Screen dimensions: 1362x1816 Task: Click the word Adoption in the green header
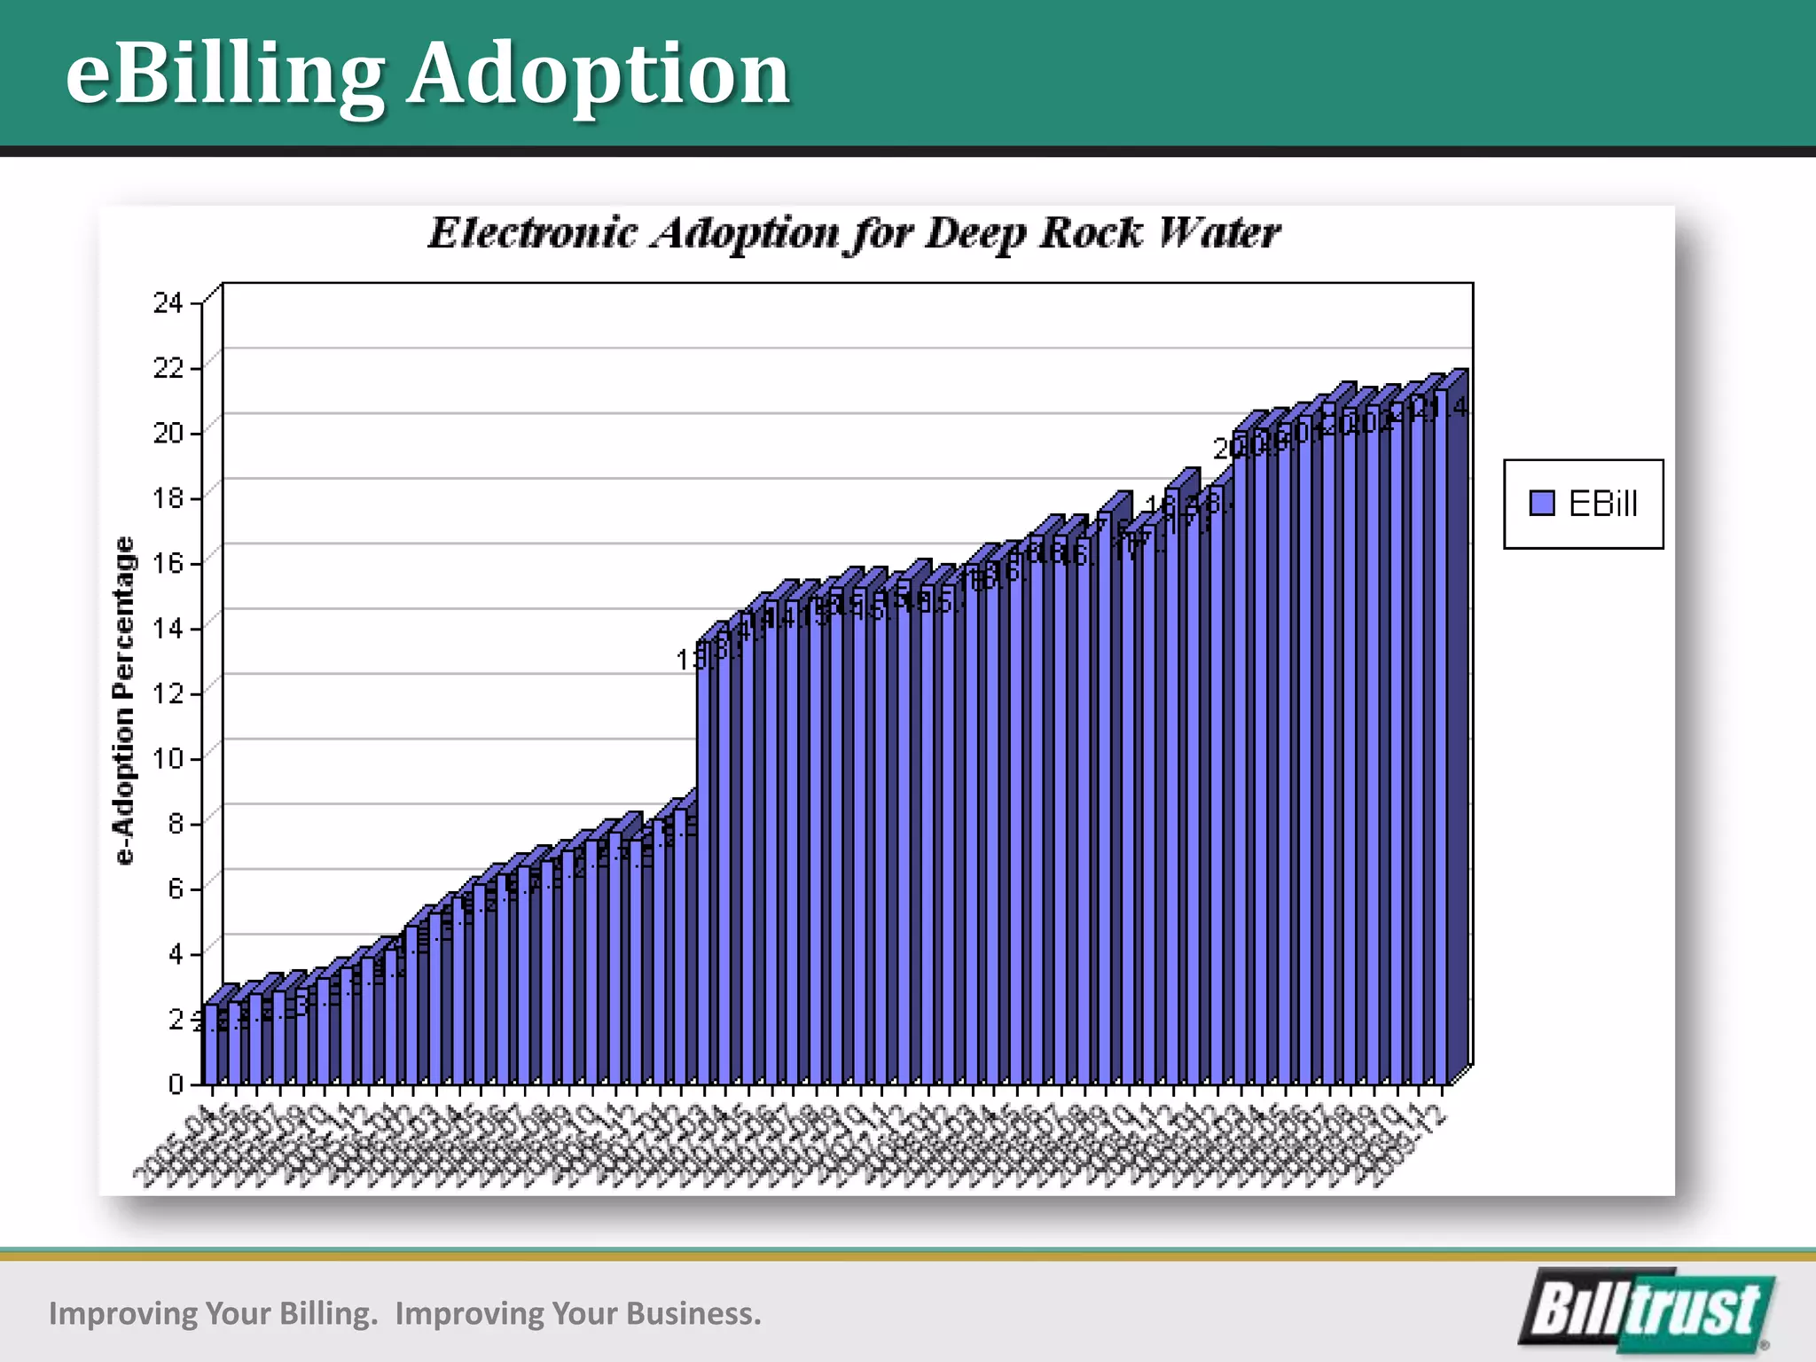coord(599,74)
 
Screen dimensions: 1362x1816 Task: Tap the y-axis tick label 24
coord(168,303)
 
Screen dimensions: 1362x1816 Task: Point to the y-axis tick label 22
coord(168,368)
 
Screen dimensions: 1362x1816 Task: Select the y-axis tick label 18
coord(168,498)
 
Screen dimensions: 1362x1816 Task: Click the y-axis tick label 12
coord(168,693)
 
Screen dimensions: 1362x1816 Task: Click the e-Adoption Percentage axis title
coord(125,701)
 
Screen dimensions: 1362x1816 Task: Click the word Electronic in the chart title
coord(533,234)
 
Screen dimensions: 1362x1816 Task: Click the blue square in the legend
coord(1542,504)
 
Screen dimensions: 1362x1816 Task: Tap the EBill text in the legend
coord(1602,504)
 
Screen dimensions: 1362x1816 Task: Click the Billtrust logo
coord(1647,1310)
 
